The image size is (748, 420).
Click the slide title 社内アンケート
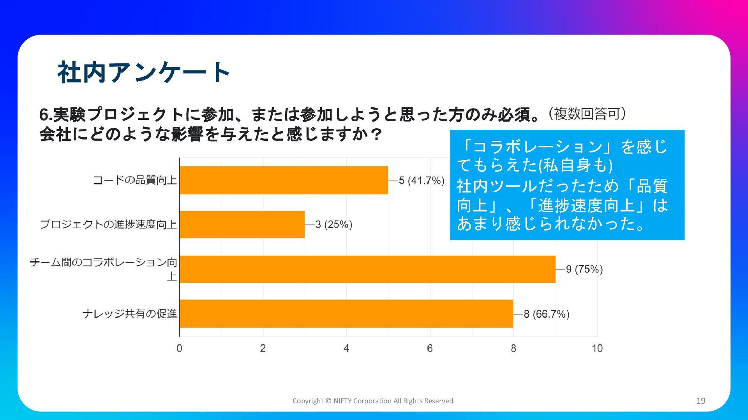click(x=144, y=72)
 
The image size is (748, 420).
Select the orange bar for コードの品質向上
click(x=284, y=180)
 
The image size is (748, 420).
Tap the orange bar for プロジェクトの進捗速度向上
click(x=242, y=224)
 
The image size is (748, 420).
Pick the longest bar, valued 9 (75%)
click(x=368, y=269)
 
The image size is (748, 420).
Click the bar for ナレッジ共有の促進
click(x=347, y=313)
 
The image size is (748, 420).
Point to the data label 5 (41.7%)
click(x=422, y=180)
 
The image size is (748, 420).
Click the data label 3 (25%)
click(x=334, y=224)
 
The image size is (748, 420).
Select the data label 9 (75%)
click(x=584, y=269)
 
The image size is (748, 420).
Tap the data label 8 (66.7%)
click(x=547, y=314)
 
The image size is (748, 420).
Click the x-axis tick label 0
click(x=179, y=348)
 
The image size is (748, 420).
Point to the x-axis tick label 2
click(x=263, y=348)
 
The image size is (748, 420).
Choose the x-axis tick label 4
click(x=346, y=348)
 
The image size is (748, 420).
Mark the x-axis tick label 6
click(x=430, y=348)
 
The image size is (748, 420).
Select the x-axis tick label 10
click(x=597, y=348)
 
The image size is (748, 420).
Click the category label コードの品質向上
click(x=135, y=180)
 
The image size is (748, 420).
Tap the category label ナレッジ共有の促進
click(x=130, y=313)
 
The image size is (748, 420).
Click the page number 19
click(x=701, y=401)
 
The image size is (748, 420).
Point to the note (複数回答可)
click(x=587, y=114)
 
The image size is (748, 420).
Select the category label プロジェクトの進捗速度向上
click(x=109, y=224)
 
